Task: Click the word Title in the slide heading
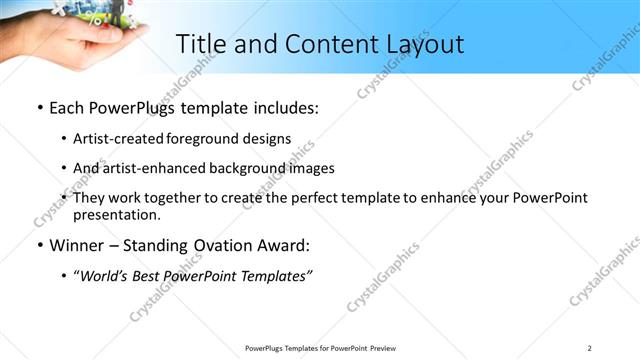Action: [200, 44]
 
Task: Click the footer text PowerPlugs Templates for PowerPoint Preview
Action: [319, 348]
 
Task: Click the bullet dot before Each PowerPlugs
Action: [39, 107]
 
